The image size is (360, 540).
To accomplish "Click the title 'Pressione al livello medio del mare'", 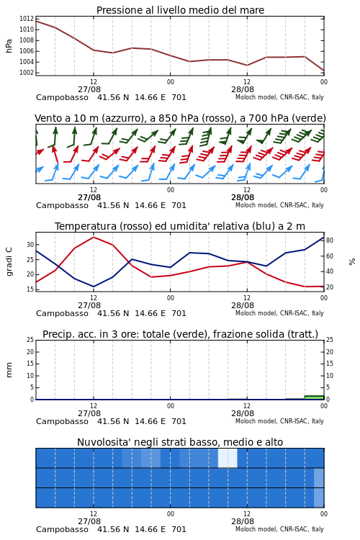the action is point(180,10).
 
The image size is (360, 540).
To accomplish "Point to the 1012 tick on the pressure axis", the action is point(27,19).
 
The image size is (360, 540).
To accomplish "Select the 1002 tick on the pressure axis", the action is point(27,73).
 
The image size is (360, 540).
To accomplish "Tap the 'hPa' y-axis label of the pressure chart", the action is point(9,46).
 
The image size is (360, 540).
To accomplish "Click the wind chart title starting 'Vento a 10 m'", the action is point(180,118).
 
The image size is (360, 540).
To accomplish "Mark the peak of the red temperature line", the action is point(94,237).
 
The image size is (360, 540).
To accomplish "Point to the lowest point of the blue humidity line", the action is point(94,287).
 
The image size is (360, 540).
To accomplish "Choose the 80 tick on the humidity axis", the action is point(330,240).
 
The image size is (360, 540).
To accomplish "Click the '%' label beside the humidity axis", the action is point(352,262).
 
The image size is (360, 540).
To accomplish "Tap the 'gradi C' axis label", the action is point(9,261).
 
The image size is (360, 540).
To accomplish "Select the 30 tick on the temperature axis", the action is point(30,245).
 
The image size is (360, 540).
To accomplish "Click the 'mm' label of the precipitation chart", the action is point(9,370).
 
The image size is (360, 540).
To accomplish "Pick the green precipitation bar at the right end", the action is point(314,397).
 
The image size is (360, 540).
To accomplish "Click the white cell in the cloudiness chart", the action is point(228,458).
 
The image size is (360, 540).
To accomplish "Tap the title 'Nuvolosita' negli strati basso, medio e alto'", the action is point(180,442).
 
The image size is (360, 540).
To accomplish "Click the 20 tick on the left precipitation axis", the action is point(30,351).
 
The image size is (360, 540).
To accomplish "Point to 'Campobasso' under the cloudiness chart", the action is point(62,529).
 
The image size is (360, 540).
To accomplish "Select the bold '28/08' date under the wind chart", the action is point(243,197).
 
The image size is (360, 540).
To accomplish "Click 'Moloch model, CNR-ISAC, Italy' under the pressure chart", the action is point(279,97).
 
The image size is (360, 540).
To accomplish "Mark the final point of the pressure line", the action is point(324,71).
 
